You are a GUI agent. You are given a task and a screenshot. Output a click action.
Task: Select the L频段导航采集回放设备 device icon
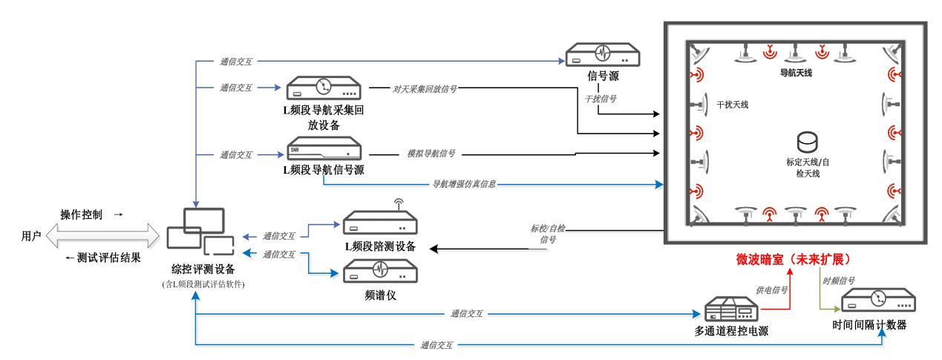click(324, 88)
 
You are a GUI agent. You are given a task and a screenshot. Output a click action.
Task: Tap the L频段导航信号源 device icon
click(324, 151)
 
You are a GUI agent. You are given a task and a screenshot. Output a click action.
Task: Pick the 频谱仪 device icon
click(380, 269)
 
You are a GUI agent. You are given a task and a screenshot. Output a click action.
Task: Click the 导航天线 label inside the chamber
click(795, 74)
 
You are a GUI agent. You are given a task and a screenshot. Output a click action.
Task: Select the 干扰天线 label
click(733, 105)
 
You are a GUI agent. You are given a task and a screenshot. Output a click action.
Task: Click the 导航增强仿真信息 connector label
click(465, 183)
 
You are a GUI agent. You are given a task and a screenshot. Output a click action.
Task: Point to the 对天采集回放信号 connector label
click(425, 88)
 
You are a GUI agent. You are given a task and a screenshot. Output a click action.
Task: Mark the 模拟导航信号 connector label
click(431, 154)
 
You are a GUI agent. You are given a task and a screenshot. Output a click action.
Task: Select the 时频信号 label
click(839, 281)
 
